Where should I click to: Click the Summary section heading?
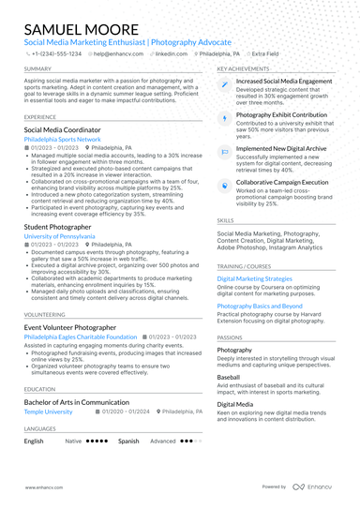[x=38, y=69]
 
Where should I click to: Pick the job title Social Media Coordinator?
[x=65, y=129]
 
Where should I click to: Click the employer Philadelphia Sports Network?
[x=62, y=139]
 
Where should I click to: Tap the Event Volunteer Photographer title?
[x=70, y=327]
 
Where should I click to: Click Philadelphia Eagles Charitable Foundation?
[x=81, y=337]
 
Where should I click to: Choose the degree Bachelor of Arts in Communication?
[x=77, y=401]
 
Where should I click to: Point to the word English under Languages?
[x=34, y=441]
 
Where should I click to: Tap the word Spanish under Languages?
[x=128, y=441]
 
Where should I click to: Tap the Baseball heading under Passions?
[x=229, y=377]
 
